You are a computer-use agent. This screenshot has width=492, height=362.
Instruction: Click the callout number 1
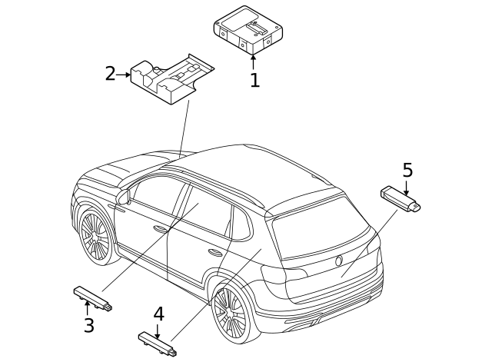pyautogui.click(x=254, y=80)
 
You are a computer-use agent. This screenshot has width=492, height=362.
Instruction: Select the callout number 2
pyautogui.click(x=110, y=74)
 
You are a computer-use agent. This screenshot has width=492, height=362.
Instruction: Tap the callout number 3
pyautogui.click(x=89, y=325)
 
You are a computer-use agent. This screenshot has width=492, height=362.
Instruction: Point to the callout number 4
pyautogui.click(x=158, y=314)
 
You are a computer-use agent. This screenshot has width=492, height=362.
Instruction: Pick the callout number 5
pyautogui.click(x=407, y=170)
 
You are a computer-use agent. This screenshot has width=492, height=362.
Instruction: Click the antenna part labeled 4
pyautogui.click(x=158, y=344)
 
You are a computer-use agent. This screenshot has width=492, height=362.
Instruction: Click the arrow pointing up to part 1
pyautogui.click(x=254, y=61)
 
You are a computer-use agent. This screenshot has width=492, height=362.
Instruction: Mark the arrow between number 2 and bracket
pyautogui.click(x=124, y=75)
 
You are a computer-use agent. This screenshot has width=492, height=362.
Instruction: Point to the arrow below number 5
pyautogui.click(x=407, y=187)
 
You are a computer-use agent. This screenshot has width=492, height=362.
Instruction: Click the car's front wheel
pyautogui.click(x=96, y=235)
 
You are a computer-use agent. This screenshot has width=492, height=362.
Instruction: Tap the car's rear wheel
pyautogui.click(x=229, y=314)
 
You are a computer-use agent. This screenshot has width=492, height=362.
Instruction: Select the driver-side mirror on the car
pyautogui.click(x=124, y=197)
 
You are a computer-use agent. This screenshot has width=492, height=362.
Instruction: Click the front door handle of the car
pyautogui.click(x=161, y=229)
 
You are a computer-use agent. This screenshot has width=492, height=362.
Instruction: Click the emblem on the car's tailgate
pyautogui.click(x=339, y=261)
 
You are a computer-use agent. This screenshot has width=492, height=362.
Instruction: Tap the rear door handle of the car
pyautogui.click(x=215, y=251)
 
